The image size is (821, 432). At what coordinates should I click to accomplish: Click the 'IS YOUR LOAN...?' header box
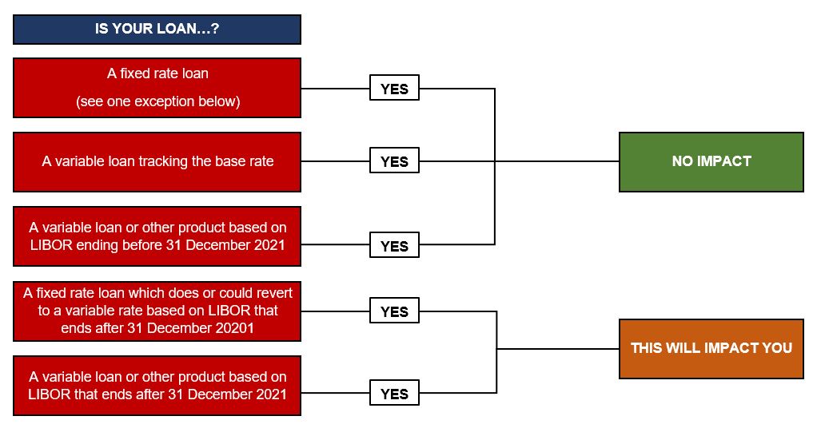pyautogui.click(x=157, y=30)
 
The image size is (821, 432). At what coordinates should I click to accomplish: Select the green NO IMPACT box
pyautogui.click(x=711, y=162)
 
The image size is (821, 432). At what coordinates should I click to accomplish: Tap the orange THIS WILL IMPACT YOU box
pyautogui.click(x=711, y=349)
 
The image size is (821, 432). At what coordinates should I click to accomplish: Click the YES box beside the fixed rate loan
pyautogui.click(x=394, y=88)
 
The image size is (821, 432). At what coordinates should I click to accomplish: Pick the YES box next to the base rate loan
pyautogui.click(x=394, y=161)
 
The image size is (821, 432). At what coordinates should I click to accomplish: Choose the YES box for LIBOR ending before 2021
pyautogui.click(x=394, y=245)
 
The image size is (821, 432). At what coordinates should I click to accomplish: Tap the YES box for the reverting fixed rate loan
pyautogui.click(x=394, y=311)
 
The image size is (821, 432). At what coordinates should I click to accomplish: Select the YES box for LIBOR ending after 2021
pyautogui.click(x=394, y=393)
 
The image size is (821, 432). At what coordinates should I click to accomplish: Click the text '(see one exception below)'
pyautogui.click(x=157, y=101)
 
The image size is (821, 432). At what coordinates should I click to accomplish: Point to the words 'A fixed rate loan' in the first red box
pyautogui.click(x=157, y=73)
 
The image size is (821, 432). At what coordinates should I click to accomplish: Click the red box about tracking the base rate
pyautogui.click(x=157, y=162)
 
